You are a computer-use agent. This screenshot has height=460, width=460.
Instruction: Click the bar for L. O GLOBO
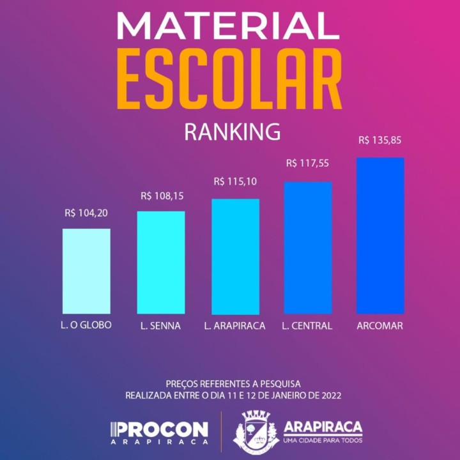click(86, 271)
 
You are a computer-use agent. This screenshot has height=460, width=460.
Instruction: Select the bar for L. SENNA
click(161, 262)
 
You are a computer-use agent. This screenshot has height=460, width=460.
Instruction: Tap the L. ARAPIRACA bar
click(236, 256)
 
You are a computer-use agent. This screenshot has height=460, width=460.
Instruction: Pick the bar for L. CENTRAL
click(308, 248)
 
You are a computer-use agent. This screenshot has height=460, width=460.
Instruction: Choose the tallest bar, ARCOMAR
click(380, 235)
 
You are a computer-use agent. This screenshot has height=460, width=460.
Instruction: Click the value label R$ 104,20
click(86, 213)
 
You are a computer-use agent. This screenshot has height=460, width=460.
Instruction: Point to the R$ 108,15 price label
click(162, 196)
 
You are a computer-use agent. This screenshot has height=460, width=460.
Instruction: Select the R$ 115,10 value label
click(235, 182)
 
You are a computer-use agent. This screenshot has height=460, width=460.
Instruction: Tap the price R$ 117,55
click(307, 164)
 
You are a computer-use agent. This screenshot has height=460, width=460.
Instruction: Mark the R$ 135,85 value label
click(380, 140)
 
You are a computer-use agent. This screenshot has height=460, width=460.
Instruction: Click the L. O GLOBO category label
click(82, 325)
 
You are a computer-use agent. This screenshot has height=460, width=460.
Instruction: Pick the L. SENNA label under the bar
click(161, 326)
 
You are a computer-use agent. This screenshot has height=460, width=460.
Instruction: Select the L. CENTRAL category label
click(307, 326)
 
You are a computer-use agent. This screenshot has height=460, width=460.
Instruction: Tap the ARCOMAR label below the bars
click(380, 326)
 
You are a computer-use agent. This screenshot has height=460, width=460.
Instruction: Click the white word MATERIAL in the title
click(228, 27)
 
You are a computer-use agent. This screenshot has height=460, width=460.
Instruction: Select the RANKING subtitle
click(232, 132)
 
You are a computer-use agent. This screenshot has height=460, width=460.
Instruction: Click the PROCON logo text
click(160, 429)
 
